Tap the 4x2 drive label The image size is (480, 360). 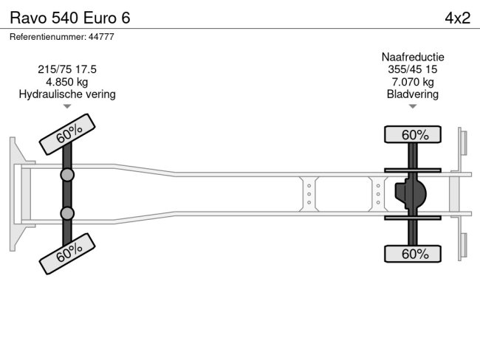pos(457,18)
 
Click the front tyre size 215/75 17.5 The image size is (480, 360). pos(67,69)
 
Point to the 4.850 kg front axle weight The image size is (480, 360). pos(67,82)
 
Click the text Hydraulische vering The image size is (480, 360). pos(67,94)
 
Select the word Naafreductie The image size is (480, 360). pos(413,57)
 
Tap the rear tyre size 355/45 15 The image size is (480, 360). pos(413,69)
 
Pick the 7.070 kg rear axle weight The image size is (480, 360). pos(413,82)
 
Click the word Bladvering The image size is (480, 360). pos(413,94)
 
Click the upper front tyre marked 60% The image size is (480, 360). pos(69,134)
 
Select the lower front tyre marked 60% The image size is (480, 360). pos(69,254)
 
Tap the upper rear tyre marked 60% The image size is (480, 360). pos(414,134)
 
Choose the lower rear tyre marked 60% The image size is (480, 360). pos(414,254)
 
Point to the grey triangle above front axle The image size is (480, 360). pos(67,106)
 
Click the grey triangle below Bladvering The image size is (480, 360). pos(413,106)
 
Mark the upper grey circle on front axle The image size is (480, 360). pos(67,175)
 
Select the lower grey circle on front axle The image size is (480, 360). pos(67,213)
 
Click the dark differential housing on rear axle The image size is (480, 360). pos(411,194)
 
